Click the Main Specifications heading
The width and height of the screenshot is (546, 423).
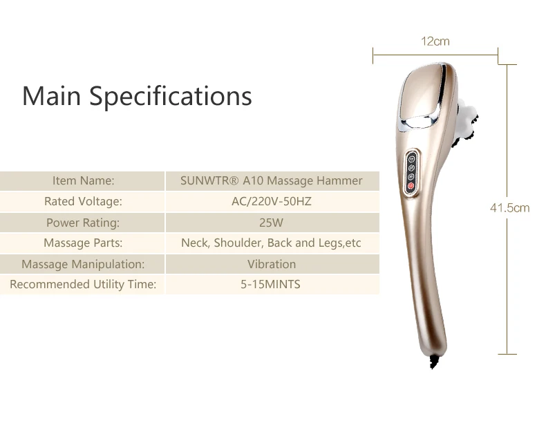(137, 95)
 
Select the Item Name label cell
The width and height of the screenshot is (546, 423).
(83, 181)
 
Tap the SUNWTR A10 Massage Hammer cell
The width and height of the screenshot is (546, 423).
(271, 181)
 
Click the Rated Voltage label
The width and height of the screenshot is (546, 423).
(83, 202)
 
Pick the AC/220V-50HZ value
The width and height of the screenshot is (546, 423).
(271, 202)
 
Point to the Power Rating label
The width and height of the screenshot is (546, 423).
(83, 223)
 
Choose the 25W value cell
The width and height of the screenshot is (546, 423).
(271, 223)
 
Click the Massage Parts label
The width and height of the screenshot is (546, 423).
(83, 243)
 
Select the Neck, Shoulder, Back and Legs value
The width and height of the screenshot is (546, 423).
(271, 243)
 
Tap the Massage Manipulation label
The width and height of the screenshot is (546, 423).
(83, 264)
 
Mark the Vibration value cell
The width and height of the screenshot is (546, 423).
(271, 264)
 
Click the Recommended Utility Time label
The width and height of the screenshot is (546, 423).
(83, 284)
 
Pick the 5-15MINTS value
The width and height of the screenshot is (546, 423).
(271, 284)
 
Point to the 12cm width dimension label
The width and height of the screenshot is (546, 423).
(435, 41)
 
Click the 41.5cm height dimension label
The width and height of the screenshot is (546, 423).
(509, 207)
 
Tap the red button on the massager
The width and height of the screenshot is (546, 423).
(411, 186)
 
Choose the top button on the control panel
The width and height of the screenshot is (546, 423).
(411, 156)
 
